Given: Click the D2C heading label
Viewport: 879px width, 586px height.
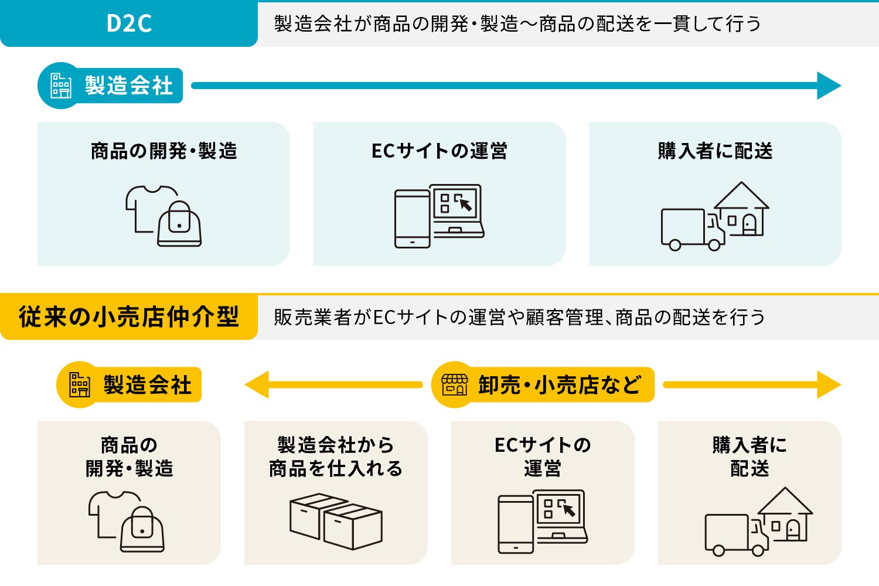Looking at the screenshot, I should click(129, 23).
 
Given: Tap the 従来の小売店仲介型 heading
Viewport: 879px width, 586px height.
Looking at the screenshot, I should click(129, 317).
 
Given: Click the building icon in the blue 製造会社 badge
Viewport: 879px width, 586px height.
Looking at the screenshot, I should click(61, 86).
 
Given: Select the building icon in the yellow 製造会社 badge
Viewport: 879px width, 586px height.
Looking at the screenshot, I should click(80, 384).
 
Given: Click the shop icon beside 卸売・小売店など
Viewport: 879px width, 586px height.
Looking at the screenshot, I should click(454, 384).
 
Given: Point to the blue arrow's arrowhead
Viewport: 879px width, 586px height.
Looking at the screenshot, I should click(829, 86).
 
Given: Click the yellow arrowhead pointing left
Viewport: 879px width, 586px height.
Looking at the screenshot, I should click(257, 384).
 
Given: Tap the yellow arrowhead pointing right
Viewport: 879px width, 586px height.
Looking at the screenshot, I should click(829, 384).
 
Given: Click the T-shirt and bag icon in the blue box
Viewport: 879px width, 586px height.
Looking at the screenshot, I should click(163, 216).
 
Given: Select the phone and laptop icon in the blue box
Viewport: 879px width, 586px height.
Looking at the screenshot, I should click(439, 216).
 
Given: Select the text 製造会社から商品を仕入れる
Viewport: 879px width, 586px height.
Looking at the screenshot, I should click(336, 456).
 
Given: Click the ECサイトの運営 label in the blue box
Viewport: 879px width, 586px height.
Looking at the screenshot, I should click(439, 151).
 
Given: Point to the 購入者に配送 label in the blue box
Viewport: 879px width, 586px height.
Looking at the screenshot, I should click(715, 151).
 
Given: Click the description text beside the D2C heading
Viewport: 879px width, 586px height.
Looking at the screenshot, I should click(517, 24).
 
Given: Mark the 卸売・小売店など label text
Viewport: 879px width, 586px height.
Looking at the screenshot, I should click(559, 385).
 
